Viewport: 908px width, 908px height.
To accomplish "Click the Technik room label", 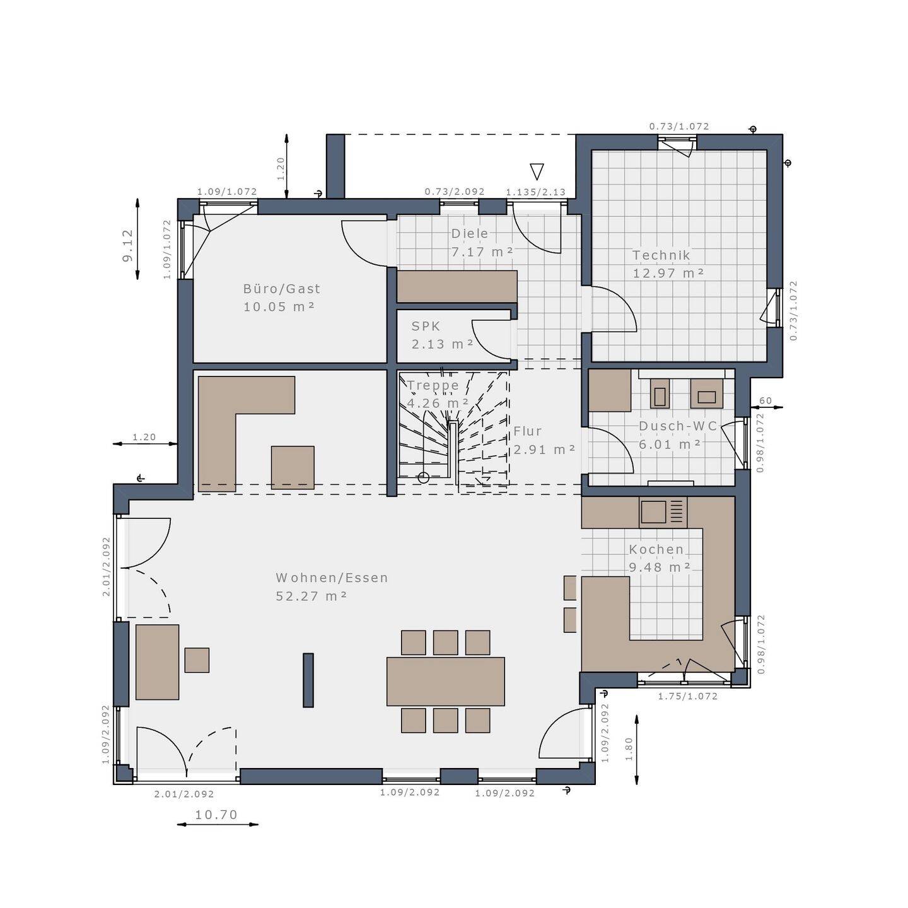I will point(661,255).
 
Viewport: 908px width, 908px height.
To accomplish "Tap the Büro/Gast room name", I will point(281,289).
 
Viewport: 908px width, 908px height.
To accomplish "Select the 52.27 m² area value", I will point(311,596).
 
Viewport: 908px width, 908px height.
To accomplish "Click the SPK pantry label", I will point(426,327).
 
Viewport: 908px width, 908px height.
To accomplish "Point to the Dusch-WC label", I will point(678,426).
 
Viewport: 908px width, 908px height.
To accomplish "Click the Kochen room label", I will point(656,549).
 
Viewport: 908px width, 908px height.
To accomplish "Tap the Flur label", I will point(527,431).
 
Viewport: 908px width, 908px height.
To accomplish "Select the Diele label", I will point(470,233).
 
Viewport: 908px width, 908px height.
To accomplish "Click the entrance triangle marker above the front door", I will point(537,172).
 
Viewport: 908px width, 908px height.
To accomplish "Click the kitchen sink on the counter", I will point(653,511).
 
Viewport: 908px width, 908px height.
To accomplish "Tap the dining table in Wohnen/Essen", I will point(445,681).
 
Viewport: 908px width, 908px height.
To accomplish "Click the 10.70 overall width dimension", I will point(216,815).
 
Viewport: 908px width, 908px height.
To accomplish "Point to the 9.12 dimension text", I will point(128,245).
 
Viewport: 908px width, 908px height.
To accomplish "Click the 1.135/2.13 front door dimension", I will point(535,192).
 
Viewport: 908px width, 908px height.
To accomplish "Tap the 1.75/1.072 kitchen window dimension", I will point(687,696).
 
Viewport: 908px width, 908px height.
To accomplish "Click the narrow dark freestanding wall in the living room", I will point(308,680).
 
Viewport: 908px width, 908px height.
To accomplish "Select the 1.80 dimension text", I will point(629,749).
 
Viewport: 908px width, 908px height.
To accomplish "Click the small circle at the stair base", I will point(424,478).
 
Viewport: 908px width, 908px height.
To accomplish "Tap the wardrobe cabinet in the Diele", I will point(457,287).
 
